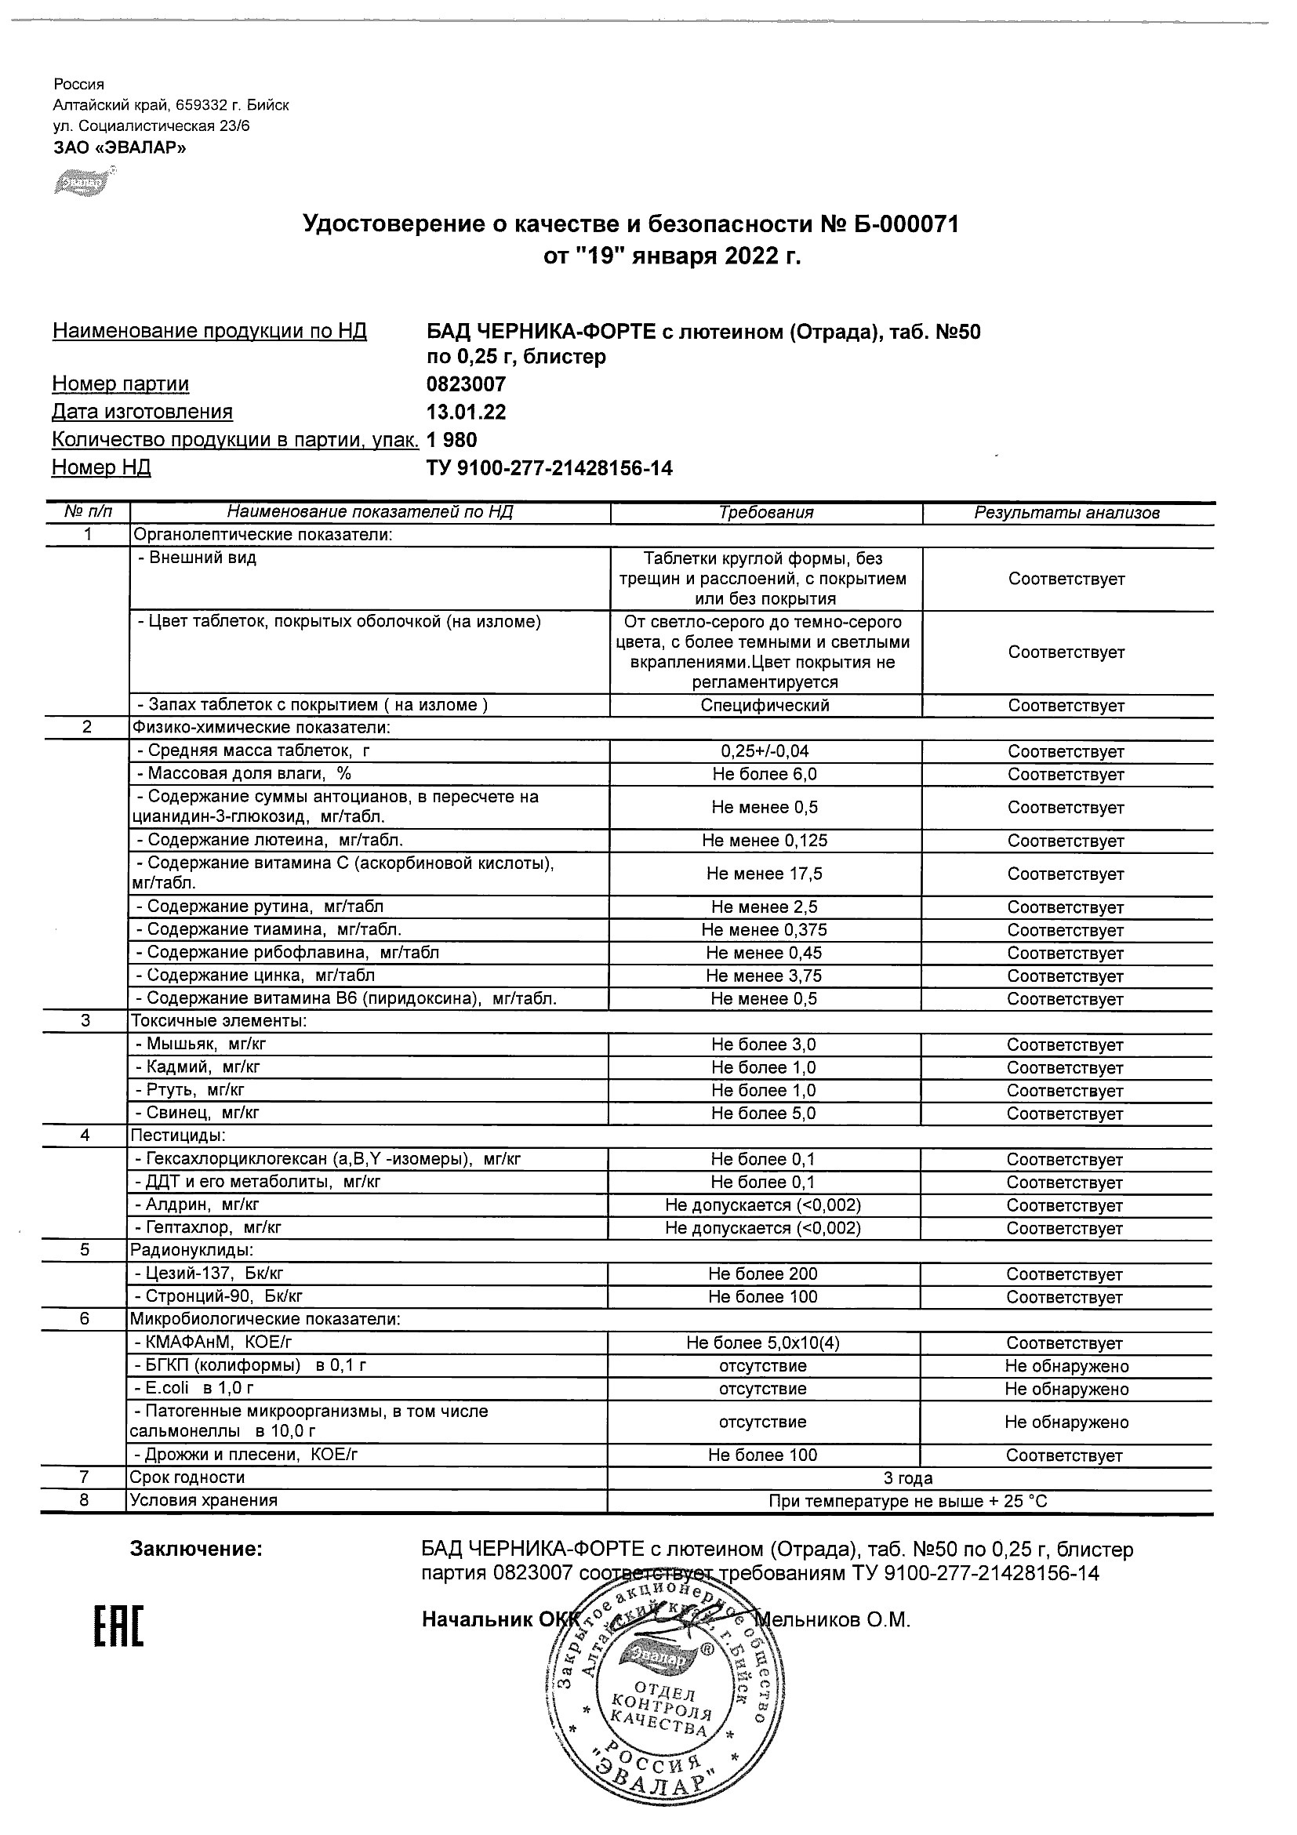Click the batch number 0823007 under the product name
tap(467, 384)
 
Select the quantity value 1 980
tap(452, 441)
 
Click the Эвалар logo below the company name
tap(82, 183)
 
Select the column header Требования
tap(765, 513)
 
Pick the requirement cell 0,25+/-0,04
tap(765, 751)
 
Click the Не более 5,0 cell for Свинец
tap(764, 1114)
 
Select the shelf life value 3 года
tap(910, 1478)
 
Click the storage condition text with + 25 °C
tap(908, 1502)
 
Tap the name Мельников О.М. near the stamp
tap(833, 1620)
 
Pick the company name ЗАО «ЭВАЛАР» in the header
tap(120, 147)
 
